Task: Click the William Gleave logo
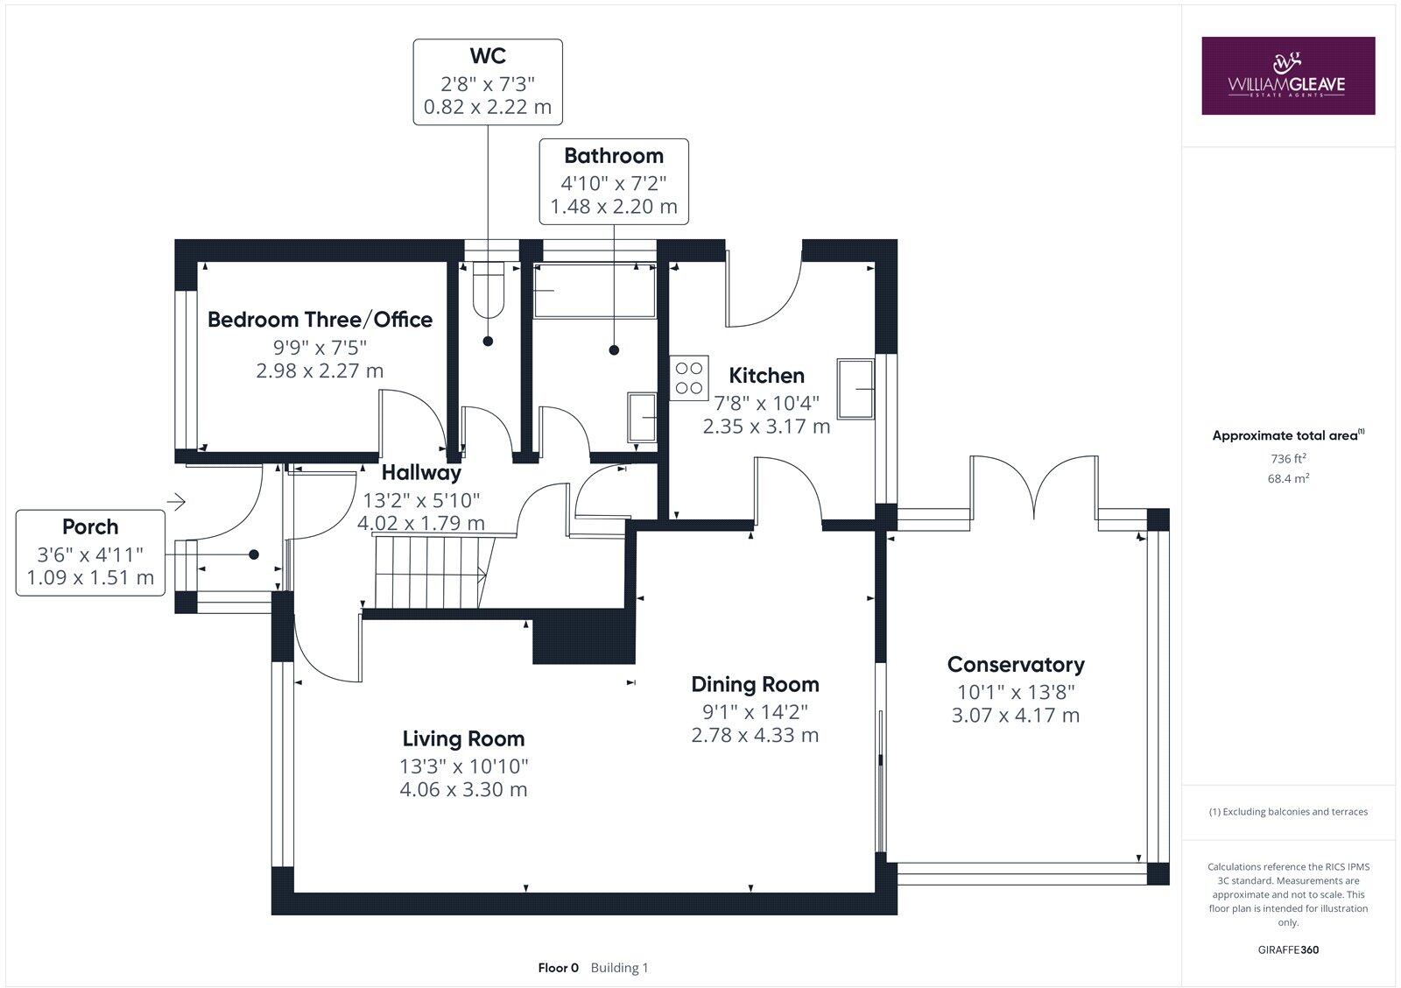tap(1287, 75)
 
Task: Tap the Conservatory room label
tap(1016, 665)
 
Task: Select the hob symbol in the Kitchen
tap(688, 378)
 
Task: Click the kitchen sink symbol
tap(855, 387)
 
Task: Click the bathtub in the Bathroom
tap(595, 291)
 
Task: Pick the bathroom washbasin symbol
tap(642, 418)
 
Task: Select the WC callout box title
tap(488, 56)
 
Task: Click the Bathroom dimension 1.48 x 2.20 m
tap(613, 208)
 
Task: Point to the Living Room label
tap(463, 739)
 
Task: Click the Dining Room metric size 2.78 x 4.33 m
tap(755, 735)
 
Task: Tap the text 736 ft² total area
tap(1288, 458)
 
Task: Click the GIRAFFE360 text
tap(1288, 949)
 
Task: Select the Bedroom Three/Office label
tap(320, 320)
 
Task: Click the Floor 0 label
tap(558, 968)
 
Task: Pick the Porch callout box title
tap(90, 527)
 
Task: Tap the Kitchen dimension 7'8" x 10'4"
tap(766, 403)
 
